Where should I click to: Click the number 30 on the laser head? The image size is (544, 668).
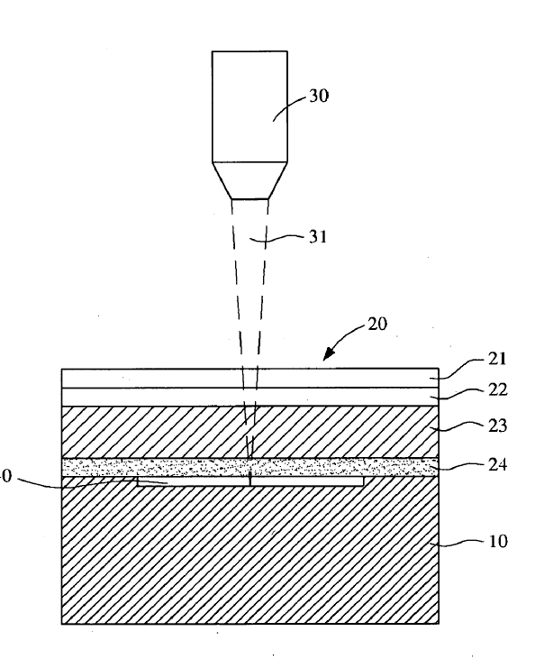click(x=319, y=97)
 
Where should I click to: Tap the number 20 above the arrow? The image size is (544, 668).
click(x=377, y=325)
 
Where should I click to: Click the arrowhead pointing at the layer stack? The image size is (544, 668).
click(x=328, y=356)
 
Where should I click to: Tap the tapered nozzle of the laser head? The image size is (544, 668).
click(x=250, y=180)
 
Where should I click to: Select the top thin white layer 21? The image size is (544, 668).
click(x=162, y=378)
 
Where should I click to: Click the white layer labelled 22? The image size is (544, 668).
click(x=162, y=397)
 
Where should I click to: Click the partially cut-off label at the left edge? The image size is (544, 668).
click(x=4, y=478)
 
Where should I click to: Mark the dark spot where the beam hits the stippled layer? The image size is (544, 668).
click(x=250, y=469)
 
